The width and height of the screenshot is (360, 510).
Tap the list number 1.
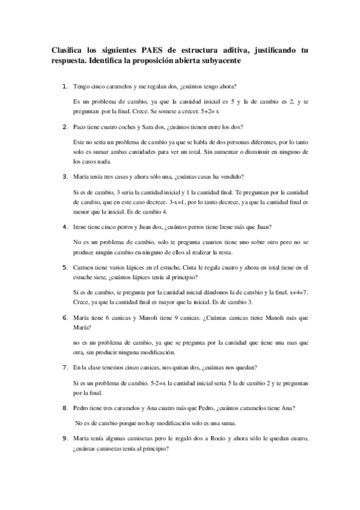coord(64,88)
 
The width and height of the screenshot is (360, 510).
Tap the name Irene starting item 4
coord(82,227)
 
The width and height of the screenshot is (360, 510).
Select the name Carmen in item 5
coord(85,266)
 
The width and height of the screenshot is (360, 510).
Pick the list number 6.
coord(64,317)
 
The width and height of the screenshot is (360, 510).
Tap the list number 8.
coord(64,408)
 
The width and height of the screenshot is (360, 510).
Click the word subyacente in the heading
coord(218,61)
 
